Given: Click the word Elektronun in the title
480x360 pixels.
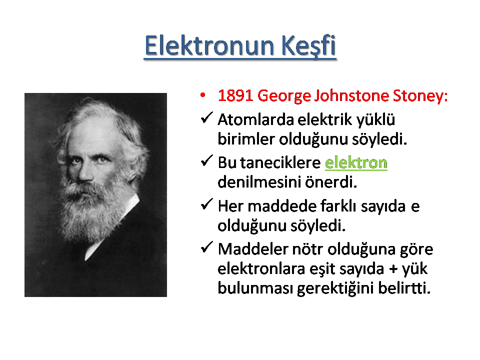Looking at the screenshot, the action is (x=209, y=45).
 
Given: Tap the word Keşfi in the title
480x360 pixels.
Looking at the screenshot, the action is (x=308, y=46).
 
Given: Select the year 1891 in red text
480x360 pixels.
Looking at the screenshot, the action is (x=235, y=95).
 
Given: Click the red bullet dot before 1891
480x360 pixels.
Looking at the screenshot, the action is (x=202, y=95).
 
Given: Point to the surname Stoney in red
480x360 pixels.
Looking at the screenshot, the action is (x=420, y=96).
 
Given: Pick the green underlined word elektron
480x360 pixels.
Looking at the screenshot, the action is (x=356, y=162).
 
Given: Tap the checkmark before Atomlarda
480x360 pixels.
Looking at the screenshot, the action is (x=206, y=117).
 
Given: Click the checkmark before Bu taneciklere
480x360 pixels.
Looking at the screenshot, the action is (x=206, y=160).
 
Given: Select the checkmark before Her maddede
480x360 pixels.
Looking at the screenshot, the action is (x=206, y=204).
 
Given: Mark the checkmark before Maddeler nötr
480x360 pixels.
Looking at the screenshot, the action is (x=206, y=247).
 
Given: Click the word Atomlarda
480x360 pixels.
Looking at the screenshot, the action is (x=256, y=119).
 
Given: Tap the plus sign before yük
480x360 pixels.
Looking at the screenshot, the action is (x=393, y=269).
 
